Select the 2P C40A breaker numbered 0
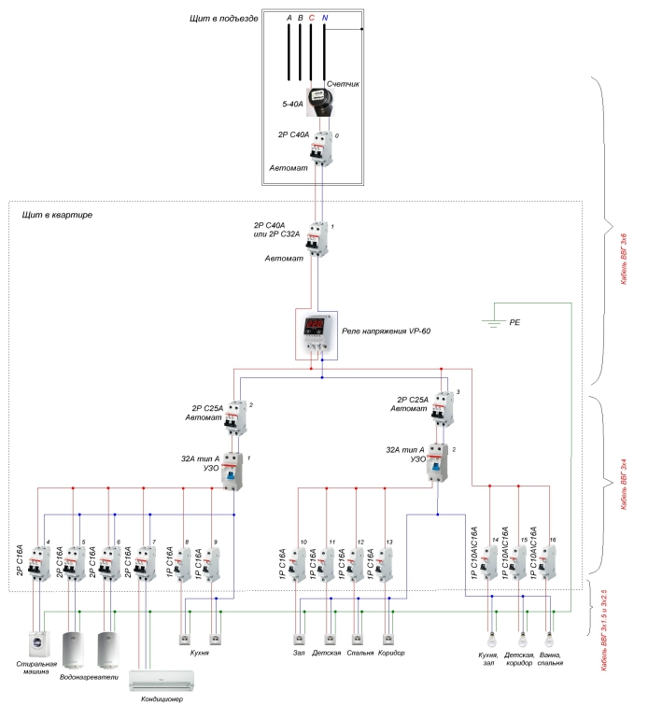click(322, 149)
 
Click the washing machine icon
click(37, 647)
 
